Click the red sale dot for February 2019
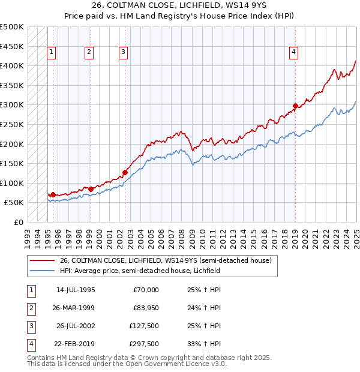tap(295, 106)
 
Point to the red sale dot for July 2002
tap(125, 172)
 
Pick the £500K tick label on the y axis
tap(13, 27)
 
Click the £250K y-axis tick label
tap(13, 124)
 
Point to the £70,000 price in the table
tap(146, 290)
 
